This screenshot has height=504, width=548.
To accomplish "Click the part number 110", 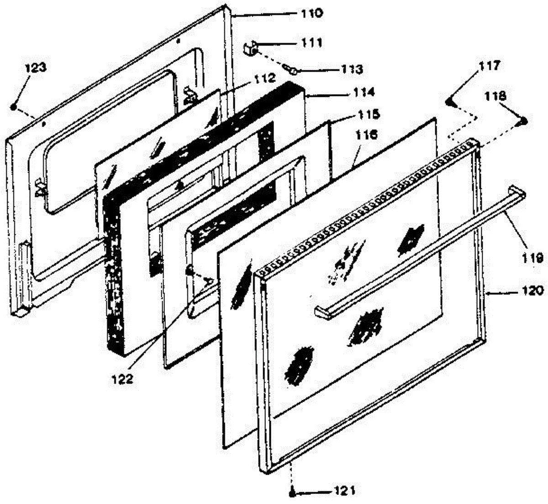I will [311, 13].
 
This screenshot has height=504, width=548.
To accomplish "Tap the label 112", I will [265, 79].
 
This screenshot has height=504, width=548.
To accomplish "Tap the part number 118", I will [495, 96].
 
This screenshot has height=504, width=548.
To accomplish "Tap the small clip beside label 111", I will [249, 47].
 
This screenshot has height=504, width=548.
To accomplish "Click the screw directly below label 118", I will [523, 122].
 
